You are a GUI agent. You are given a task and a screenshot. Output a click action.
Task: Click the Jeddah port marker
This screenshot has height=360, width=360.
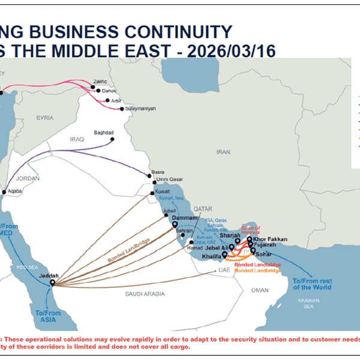pos(52,283)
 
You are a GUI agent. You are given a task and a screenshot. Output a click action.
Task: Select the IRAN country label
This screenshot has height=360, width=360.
pos(223,152)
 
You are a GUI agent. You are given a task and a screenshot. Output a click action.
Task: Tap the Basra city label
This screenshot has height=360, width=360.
pos(158,170)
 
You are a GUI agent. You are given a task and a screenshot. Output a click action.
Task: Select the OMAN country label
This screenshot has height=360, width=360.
pos(260,290)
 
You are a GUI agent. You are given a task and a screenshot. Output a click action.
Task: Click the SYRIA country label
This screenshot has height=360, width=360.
pos(45,118)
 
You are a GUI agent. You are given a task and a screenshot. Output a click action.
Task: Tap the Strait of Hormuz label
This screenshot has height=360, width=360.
pos(251,230)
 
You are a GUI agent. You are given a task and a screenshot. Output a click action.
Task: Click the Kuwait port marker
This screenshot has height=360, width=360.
pos(152,193)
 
